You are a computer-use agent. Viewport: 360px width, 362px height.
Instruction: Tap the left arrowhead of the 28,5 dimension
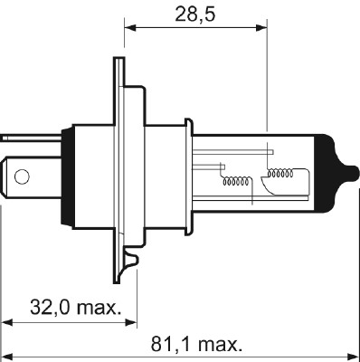click(x=128, y=27)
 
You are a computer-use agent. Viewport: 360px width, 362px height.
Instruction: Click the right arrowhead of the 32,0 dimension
click(x=132, y=321)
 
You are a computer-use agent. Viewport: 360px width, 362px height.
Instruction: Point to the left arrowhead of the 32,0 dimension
click(x=7, y=321)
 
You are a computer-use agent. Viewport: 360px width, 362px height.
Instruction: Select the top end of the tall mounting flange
click(x=118, y=62)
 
